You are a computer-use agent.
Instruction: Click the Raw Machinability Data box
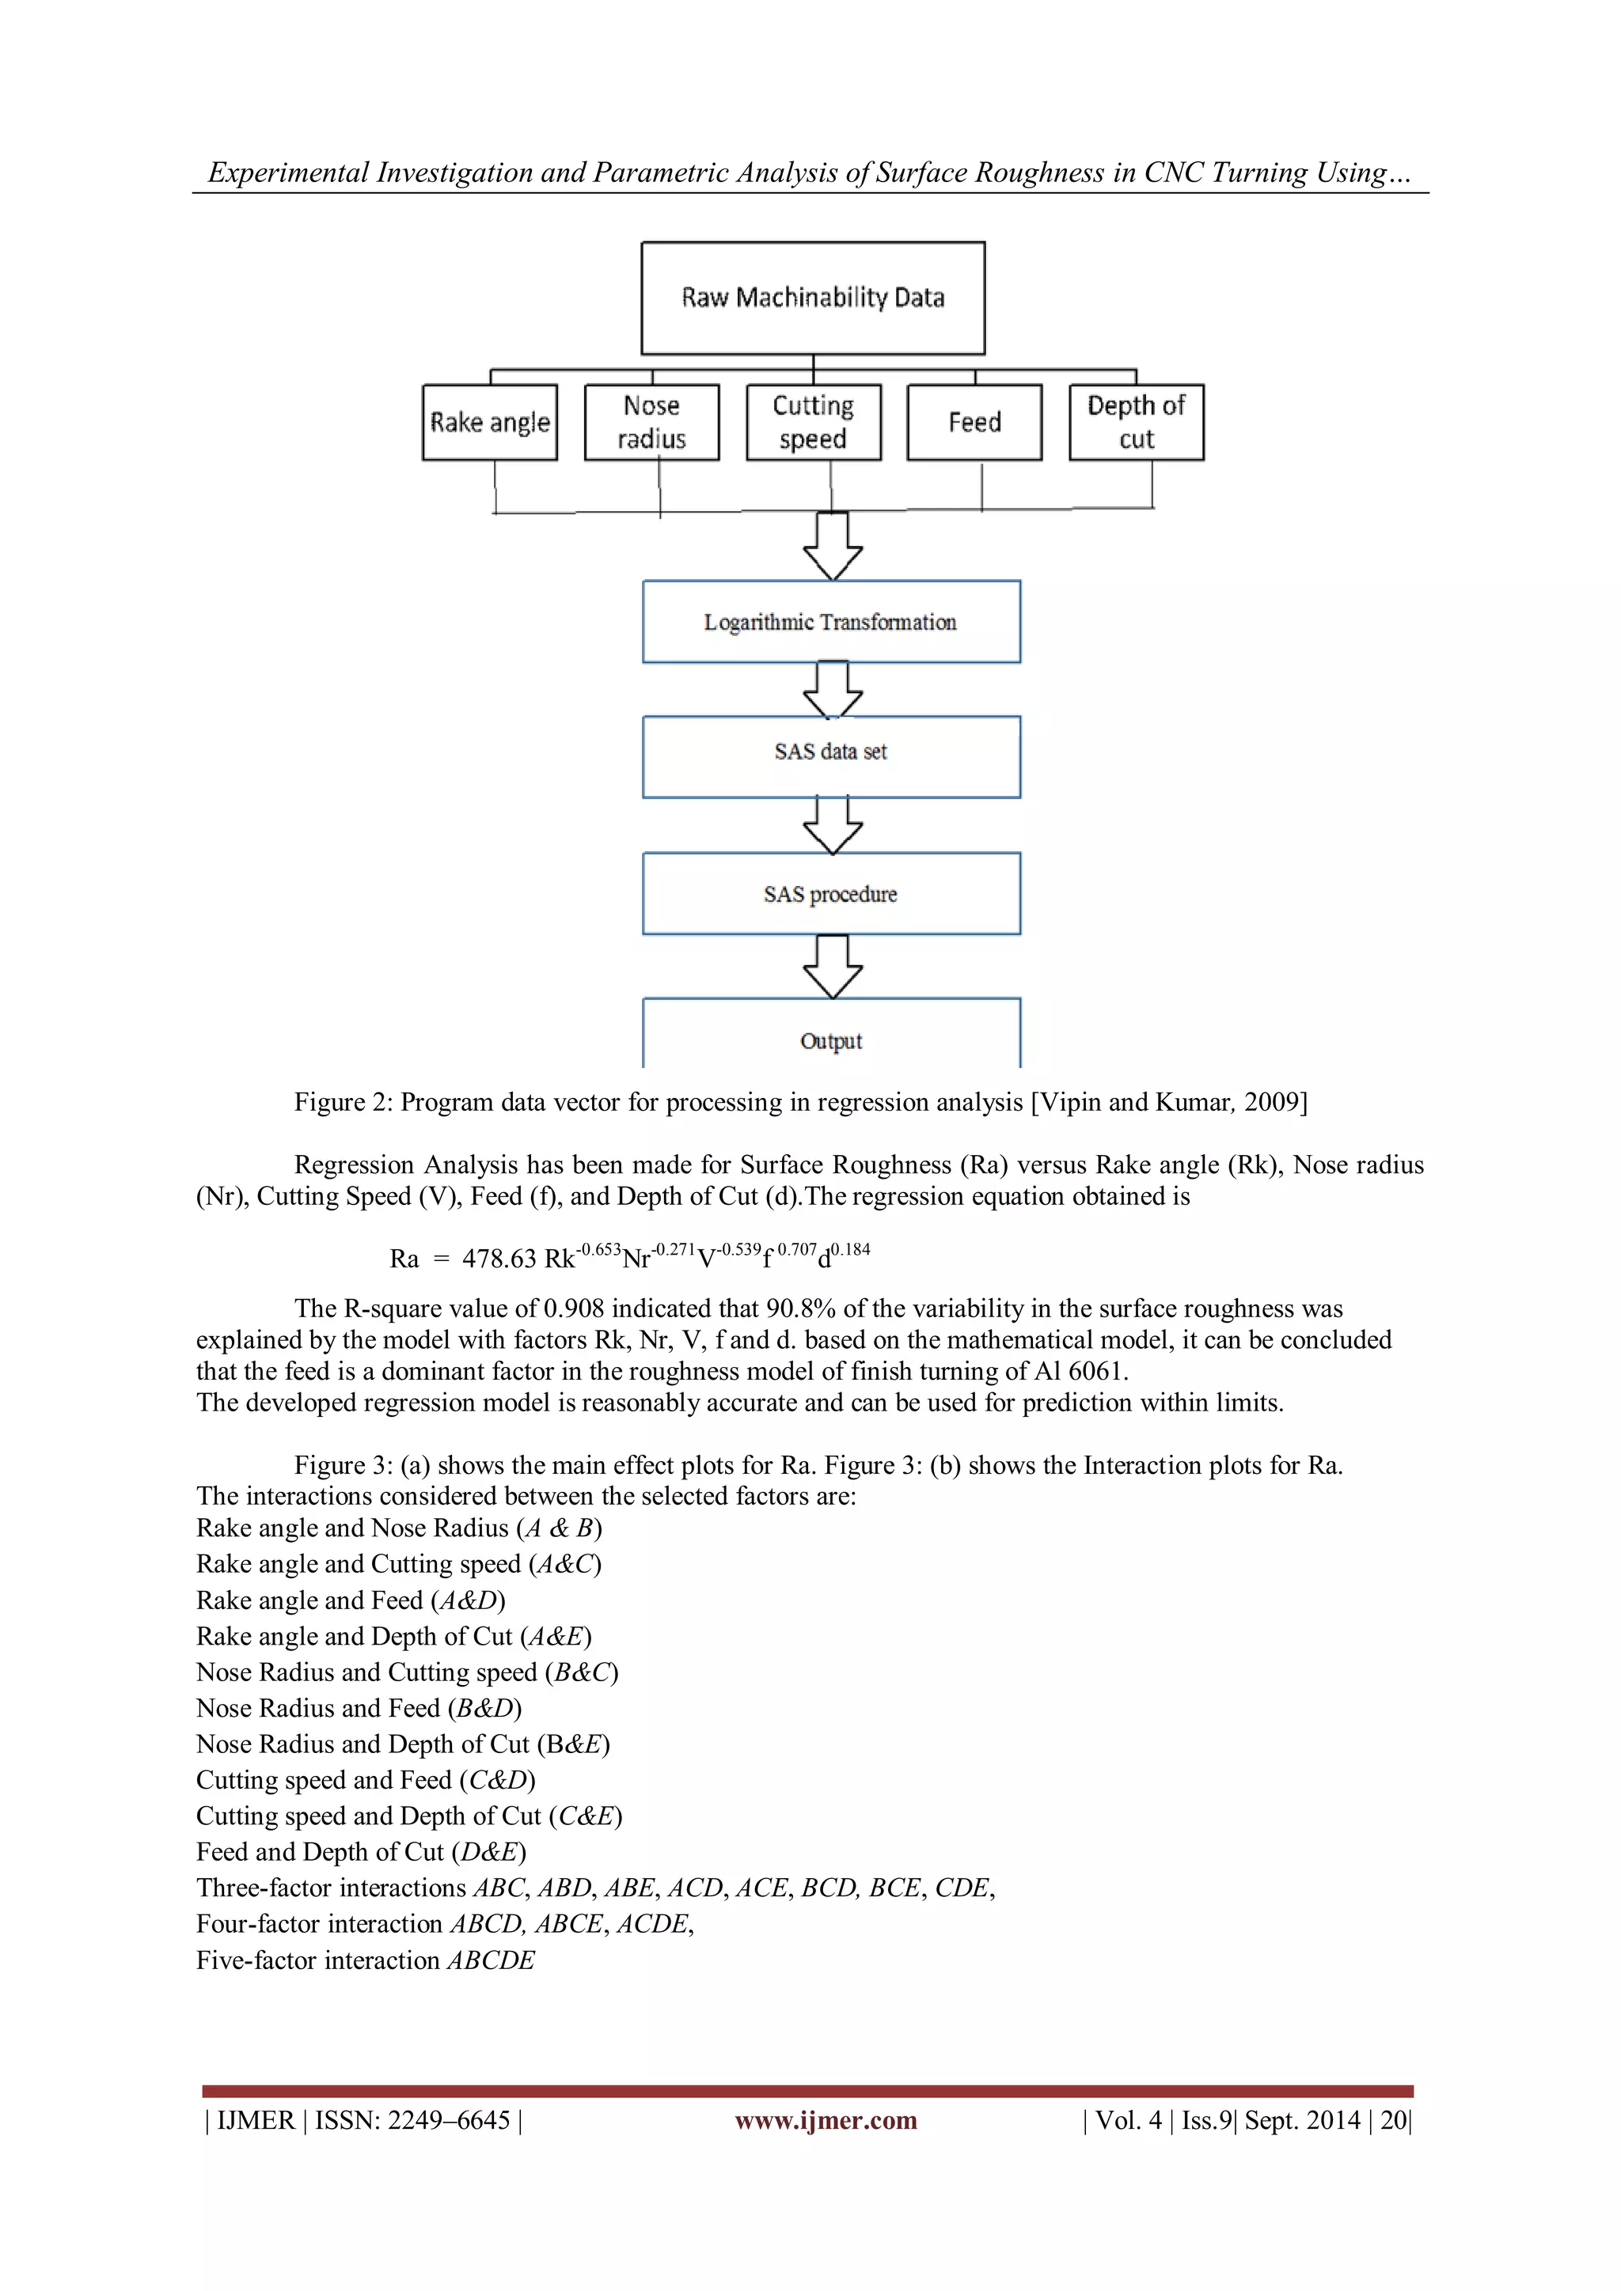tap(813, 297)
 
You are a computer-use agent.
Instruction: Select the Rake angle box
tap(489, 422)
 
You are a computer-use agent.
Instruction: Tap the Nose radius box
tap(651, 422)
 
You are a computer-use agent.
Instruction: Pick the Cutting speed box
tap(814, 422)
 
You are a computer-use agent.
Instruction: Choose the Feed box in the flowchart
tap(974, 422)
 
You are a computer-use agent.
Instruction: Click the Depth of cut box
tap(1136, 422)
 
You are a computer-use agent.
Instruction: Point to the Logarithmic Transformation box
tap(830, 622)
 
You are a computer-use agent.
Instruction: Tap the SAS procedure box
tap(830, 893)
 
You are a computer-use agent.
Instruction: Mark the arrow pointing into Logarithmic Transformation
tap(833, 547)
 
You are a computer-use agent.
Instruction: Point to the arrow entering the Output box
tap(833, 967)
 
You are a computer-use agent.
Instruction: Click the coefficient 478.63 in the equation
tap(499, 1259)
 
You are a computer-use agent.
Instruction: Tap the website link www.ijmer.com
tap(826, 2120)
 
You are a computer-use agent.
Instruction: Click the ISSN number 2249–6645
tap(449, 2120)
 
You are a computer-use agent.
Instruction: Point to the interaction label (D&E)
tap(488, 1852)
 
